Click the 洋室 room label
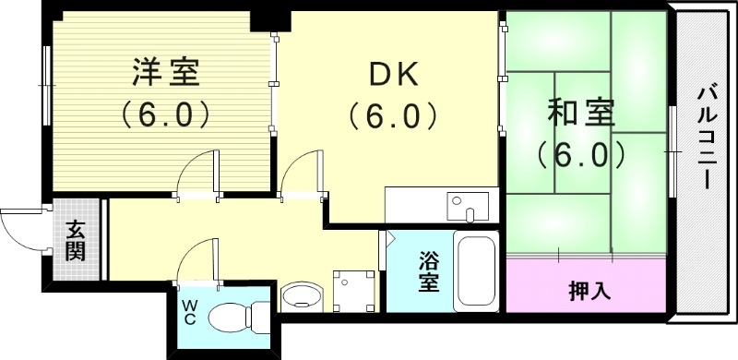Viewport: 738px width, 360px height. click(166, 71)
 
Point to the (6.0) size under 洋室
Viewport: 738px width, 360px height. click(166, 114)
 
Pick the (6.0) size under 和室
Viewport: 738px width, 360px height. click(575, 154)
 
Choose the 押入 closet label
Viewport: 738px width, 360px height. click(588, 291)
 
